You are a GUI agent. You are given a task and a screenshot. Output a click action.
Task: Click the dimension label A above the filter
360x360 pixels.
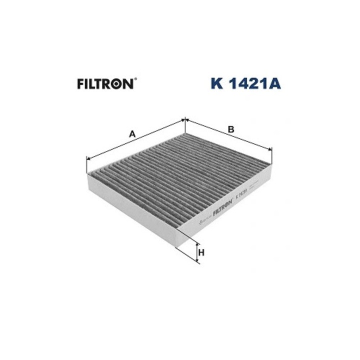[132, 133]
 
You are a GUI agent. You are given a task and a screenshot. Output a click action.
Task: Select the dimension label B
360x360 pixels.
[231, 129]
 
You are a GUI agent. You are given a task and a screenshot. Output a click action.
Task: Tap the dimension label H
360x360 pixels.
[201, 252]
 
